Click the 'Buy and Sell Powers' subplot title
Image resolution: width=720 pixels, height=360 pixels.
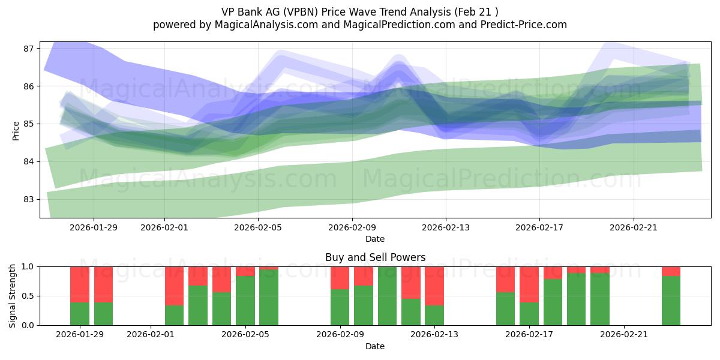(375, 257)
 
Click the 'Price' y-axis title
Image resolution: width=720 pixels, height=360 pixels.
(15, 130)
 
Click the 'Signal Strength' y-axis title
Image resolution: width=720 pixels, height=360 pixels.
(13, 296)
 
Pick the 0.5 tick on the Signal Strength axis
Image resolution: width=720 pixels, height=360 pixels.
(27, 296)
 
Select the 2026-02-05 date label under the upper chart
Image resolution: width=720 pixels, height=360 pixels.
(258, 227)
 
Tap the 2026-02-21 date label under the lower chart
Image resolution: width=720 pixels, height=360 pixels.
(625, 334)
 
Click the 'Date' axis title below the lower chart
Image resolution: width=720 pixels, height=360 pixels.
(375, 346)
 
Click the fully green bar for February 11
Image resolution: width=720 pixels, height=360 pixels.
(387, 296)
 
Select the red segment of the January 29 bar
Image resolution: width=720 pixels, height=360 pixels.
(80, 284)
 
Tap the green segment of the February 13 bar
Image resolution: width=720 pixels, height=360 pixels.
(434, 315)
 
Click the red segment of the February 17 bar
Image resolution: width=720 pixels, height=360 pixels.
(529, 284)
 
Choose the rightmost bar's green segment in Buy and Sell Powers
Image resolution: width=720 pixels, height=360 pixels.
(671, 300)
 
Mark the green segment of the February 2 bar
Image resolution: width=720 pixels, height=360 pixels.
(174, 315)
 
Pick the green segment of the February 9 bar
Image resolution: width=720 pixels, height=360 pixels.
(340, 307)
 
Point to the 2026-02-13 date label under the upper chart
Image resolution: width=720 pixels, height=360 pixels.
(446, 227)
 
